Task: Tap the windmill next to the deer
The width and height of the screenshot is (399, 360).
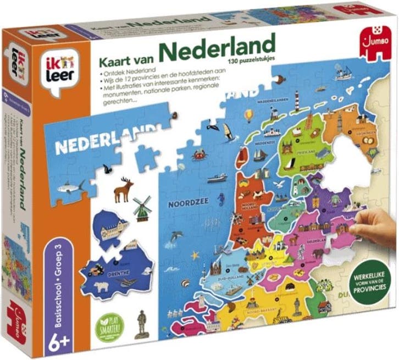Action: pos(141,207)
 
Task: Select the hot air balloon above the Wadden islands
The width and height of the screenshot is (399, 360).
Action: pos(248,115)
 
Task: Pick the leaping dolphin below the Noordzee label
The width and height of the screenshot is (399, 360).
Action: pos(176,237)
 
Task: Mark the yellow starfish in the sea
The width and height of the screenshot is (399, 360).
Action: pos(195,256)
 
